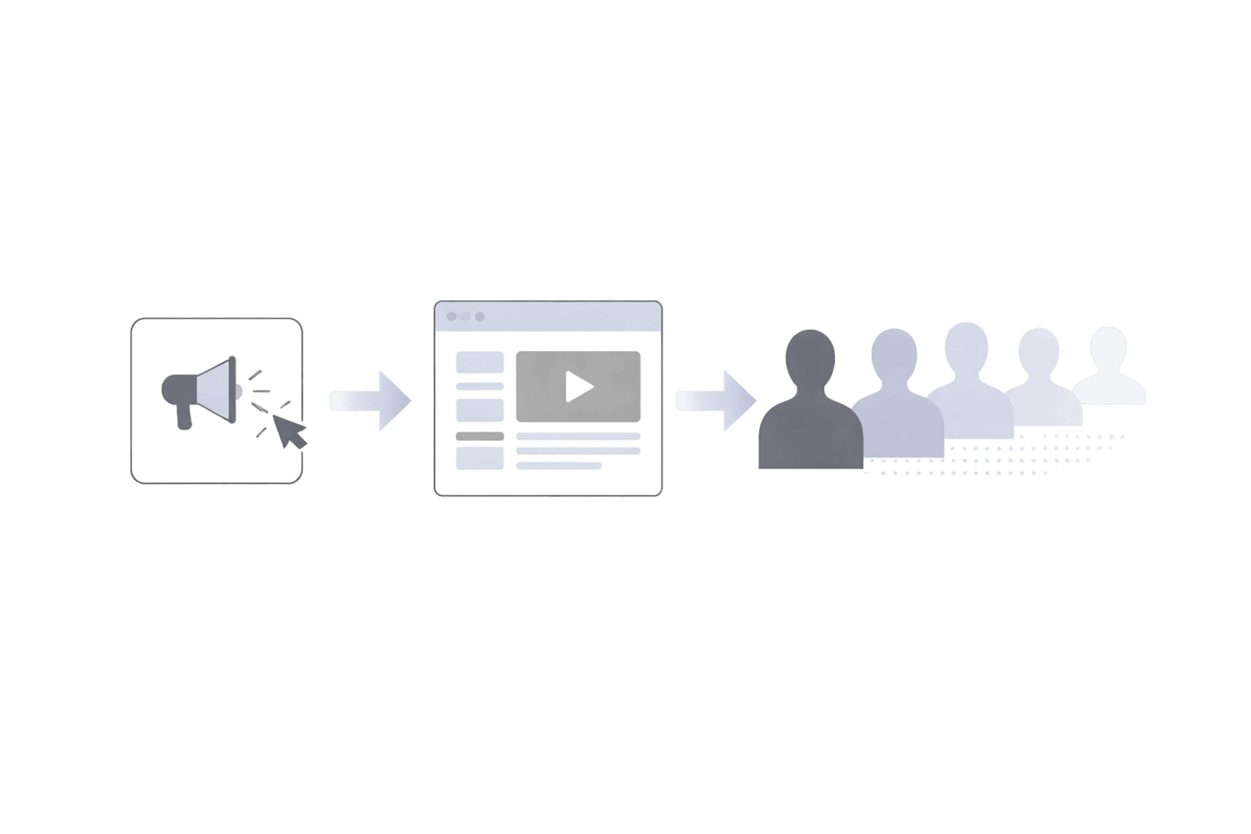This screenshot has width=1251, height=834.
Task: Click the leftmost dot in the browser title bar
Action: tap(452, 316)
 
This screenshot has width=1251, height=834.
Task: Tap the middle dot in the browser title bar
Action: tap(466, 316)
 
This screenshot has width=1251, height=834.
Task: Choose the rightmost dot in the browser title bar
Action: tap(480, 316)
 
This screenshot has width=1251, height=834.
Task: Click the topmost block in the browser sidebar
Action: tap(480, 362)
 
